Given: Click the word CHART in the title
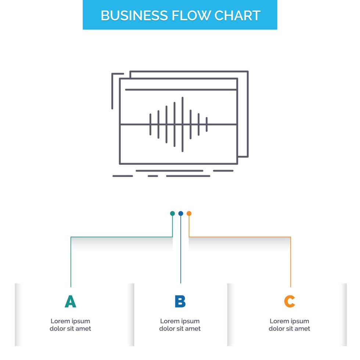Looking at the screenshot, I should (237, 15).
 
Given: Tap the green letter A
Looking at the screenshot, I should (70, 301).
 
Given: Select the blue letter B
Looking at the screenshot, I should (180, 301).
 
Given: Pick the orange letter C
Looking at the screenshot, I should (289, 301).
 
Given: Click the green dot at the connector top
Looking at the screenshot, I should (172, 213).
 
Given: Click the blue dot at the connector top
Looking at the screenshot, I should (180, 213).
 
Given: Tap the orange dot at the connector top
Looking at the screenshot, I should (189, 213).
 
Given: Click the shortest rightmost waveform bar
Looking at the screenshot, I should (207, 124).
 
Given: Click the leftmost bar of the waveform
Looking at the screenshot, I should (150, 124).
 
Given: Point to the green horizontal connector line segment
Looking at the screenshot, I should (121, 237).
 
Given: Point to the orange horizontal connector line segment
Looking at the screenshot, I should (239, 237).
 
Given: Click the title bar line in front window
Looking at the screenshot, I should (180, 89).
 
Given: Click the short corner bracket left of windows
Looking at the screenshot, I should (112, 88).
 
